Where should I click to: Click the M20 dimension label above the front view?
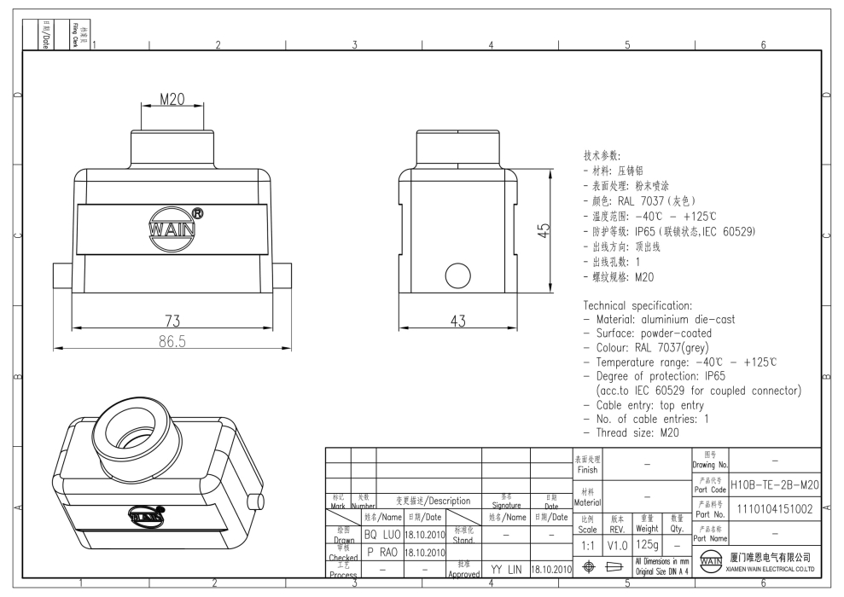click(x=172, y=101)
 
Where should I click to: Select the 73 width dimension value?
click(x=171, y=320)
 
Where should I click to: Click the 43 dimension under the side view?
click(x=459, y=320)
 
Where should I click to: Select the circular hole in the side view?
click(x=459, y=275)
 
